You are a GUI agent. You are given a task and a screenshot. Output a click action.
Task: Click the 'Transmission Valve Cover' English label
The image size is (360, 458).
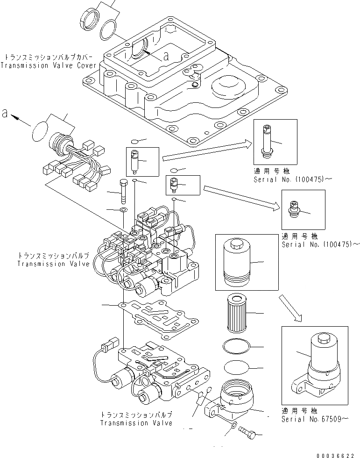[x=49, y=65]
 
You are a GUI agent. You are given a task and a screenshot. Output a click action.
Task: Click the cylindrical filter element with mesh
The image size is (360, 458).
[x=239, y=313]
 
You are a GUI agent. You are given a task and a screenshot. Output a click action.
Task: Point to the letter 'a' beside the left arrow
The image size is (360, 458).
[x=5, y=113]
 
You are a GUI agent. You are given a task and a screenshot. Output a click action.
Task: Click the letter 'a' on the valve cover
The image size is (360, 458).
[x=165, y=57]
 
